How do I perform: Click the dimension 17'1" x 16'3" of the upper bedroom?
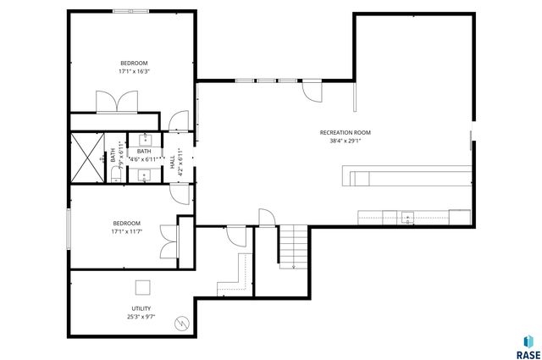pyautogui.click(x=133, y=72)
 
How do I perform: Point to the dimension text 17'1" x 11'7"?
pyautogui.click(x=125, y=231)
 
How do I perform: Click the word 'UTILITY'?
pyautogui.click(x=141, y=307)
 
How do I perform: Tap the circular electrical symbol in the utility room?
pyautogui.click(x=181, y=322)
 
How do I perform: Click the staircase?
pyautogui.click(x=292, y=246)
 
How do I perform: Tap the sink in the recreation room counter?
pyautogui.click(x=407, y=216)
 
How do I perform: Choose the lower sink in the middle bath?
pyautogui.click(x=143, y=175)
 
